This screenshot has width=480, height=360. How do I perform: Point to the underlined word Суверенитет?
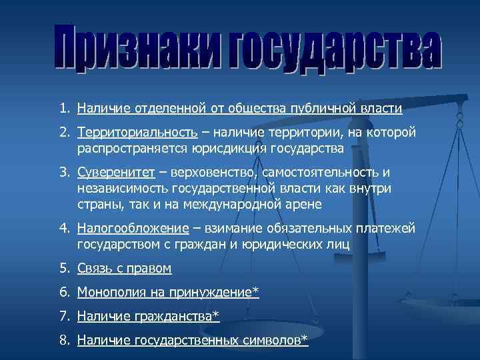pyautogui.click(x=116, y=173)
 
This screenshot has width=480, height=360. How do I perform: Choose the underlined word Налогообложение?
pyautogui.click(x=133, y=229)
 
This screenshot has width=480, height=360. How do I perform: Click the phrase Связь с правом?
pyautogui.click(x=125, y=269)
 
